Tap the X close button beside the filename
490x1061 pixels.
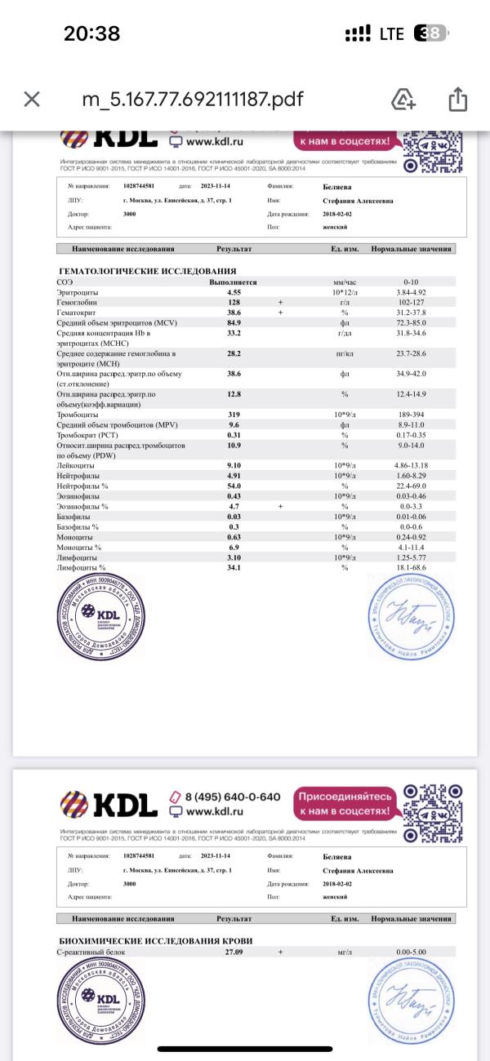pyautogui.click(x=32, y=100)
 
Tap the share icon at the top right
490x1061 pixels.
pyautogui.click(x=457, y=100)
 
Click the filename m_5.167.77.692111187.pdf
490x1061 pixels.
pyautogui.click(x=193, y=100)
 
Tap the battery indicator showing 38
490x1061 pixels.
pyautogui.click(x=430, y=33)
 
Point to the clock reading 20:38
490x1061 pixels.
pyautogui.click(x=91, y=33)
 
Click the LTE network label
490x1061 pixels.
pyautogui.click(x=391, y=33)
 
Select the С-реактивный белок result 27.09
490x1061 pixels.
pyautogui.click(x=234, y=952)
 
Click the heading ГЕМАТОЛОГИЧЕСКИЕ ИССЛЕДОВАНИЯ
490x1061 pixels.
pyautogui.click(x=148, y=270)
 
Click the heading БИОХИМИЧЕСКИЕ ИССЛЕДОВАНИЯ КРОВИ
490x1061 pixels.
pyautogui.click(x=156, y=941)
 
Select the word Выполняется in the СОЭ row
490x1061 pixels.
pyautogui.click(x=234, y=282)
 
